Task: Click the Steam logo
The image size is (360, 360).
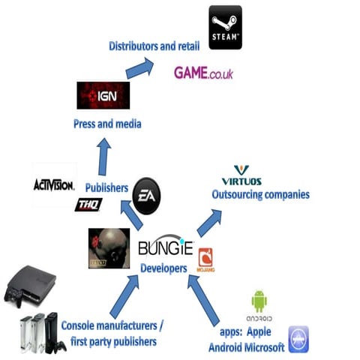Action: (225, 27)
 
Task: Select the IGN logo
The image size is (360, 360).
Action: (103, 95)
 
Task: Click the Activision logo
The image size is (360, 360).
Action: (54, 184)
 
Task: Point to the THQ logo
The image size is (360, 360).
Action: (88, 204)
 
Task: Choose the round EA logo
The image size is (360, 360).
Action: (145, 197)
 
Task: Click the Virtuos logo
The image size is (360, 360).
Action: (241, 176)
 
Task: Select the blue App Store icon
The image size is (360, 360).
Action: (298, 339)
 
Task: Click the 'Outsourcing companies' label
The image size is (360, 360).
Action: (260, 195)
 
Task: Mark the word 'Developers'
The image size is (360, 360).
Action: (163, 265)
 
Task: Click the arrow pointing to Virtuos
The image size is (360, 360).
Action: (210, 222)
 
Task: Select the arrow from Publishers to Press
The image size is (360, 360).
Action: (103, 156)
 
